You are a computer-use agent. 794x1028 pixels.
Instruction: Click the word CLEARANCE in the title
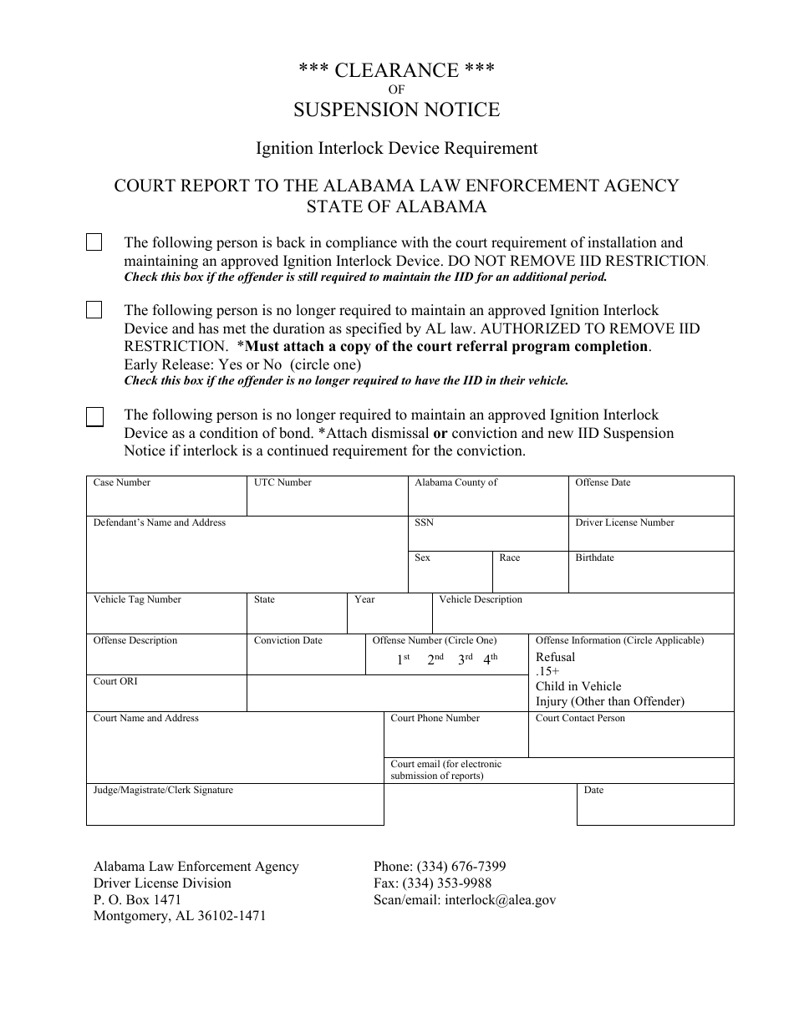tap(397, 71)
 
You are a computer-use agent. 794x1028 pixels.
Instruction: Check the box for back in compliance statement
tap(94, 242)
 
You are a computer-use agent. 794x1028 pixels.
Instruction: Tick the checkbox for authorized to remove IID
tap(94, 310)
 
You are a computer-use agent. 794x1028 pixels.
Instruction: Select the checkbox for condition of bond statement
tap(95, 416)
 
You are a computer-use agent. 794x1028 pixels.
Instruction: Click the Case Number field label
tap(122, 483)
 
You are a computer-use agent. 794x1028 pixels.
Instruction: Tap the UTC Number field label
tap(282, 483)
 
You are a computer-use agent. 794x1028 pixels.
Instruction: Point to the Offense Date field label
tap(603, 483)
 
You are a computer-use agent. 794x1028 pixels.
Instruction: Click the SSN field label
tap(424, 523)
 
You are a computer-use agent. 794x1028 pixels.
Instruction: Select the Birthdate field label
tap(594, 558)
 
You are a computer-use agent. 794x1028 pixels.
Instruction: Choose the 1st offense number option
tap(403, 659)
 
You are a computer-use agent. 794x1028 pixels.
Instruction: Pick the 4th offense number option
tap(490, 659)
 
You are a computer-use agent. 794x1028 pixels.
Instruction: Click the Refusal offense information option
tap(555, 657)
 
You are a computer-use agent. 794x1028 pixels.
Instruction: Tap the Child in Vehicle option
tap(578, 686)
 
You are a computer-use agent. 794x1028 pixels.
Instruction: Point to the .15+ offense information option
tap(547, 671)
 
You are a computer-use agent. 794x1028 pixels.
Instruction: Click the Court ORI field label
tap(115, 682)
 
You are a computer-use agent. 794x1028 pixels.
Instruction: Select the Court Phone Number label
tap(435, 719)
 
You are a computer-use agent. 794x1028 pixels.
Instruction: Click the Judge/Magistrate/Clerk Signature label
tap(163, 791)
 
